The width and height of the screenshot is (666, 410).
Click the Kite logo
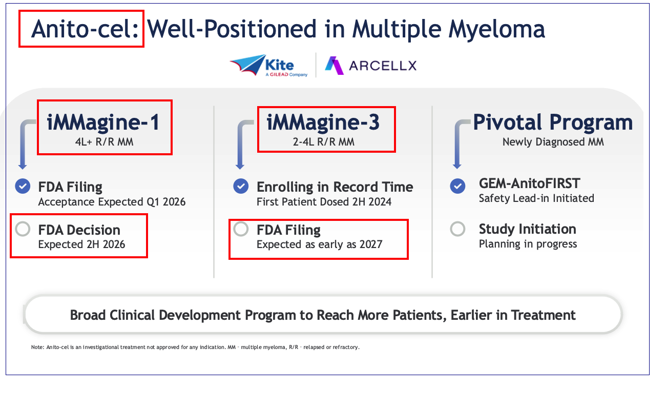click(269, 65)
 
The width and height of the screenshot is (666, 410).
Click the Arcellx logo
click(371, 66)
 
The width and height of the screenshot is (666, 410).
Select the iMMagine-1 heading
click(103, 122)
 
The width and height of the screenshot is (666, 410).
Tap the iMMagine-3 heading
click(323, 122)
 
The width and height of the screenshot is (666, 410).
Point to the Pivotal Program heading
click(553, 122)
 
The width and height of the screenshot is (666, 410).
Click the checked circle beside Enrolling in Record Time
click(241, 186)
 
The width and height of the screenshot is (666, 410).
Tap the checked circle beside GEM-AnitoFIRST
click(457, 186)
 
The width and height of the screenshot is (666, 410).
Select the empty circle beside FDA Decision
click(23, 229)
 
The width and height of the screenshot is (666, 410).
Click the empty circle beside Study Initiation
click(457, 229)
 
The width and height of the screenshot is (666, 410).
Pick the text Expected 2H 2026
click(82, 244)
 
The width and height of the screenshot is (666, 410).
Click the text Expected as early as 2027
click(319, 244)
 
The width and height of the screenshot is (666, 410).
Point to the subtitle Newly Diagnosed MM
click(553, 142)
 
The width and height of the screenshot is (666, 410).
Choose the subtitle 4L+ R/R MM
click(104, 142)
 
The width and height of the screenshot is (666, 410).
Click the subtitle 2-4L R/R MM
click(323, 142)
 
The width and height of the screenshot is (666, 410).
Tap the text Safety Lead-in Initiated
click(536, 198)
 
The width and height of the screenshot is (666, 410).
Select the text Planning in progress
click(528, 244)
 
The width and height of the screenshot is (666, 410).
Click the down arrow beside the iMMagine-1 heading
click(23, 145)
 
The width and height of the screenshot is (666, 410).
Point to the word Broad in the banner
click(88, 315)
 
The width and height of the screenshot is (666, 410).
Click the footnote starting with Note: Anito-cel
click(195, 347)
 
